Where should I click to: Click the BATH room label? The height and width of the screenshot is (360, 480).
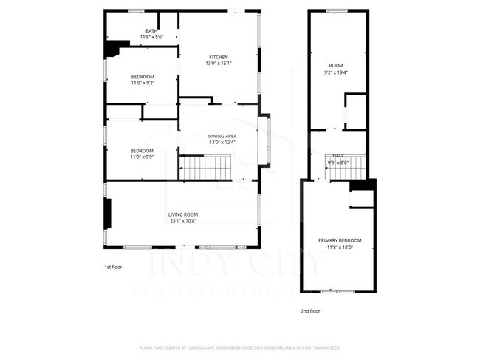click(x=151, y=30)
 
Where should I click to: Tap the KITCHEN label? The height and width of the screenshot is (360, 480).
click(x=218, y=57)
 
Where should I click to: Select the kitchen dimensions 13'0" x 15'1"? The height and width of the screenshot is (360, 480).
click(x=218, y=64)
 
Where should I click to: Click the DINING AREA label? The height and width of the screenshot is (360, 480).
click(x=222, y=136)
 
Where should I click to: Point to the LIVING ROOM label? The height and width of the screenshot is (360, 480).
click(x=182, y=215)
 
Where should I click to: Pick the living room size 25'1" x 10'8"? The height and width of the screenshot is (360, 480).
click(x=182, y=221)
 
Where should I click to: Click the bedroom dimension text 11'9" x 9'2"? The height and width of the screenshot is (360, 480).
click(x=143, y=84)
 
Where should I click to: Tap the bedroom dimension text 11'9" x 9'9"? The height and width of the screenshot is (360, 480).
click(x=143, y=157)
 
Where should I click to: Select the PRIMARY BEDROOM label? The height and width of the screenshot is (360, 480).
click(x=340, y=240)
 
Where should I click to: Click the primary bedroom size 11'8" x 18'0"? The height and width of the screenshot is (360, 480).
click(x=340, y=246)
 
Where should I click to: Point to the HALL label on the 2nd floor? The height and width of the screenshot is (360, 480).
click(x=337, y=155)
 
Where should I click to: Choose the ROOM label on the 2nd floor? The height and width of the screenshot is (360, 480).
click(x=335, y=67)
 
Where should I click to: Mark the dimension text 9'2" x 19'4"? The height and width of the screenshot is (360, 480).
click(x=335, y=72)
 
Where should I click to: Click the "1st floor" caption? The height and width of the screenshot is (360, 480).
click(x=113, y=266)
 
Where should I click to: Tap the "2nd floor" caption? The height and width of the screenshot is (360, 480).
click(x=310, y=311)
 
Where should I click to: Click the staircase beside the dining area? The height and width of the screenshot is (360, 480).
click(x=208, y=168)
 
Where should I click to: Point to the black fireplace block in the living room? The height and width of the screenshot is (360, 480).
click(x=109, y=215)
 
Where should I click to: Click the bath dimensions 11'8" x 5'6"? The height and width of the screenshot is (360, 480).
click(x=151, y=37)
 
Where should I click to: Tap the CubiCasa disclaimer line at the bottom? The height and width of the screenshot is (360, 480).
click(x=239, y=347)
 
